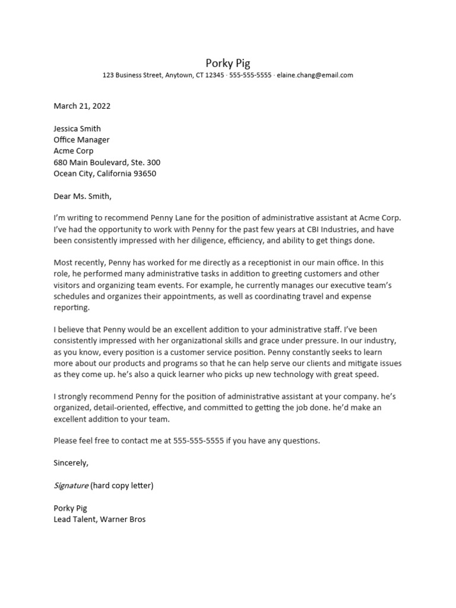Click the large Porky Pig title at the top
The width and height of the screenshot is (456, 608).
click(x=227, y=63)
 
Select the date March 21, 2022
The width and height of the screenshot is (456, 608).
click(x=82, y=106)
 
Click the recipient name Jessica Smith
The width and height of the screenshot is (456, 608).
click(x=77, y=129)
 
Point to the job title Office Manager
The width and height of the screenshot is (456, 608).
click(x=81, y=140)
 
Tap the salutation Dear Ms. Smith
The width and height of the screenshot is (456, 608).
click(x=82, y=197)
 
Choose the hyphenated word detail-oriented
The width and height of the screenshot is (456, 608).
click(x=134, y=408)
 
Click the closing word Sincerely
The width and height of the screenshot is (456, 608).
click(x=71, y=463)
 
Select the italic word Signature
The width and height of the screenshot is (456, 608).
click(x=71, y=486)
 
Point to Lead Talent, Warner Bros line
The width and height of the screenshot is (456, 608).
click(x=99, y=520)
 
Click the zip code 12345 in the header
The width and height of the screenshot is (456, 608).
click(x=213, y=75)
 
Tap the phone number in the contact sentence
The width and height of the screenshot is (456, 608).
click(x=198, y=441)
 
